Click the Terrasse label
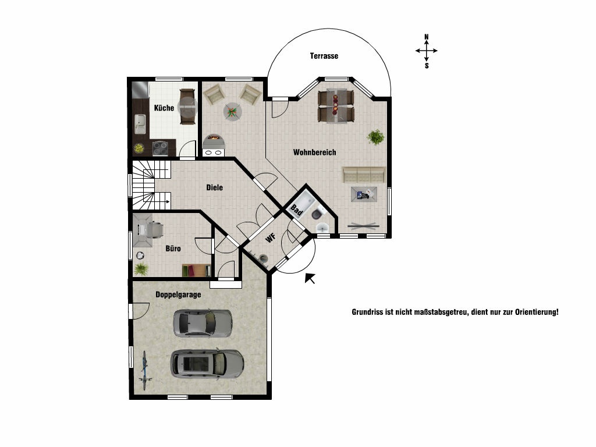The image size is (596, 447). pyautogui.click(x=324, y=56)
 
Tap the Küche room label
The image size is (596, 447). pyautogui.click(x=164, y=108)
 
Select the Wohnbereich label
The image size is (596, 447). pyautogui.click(x=315, y=152)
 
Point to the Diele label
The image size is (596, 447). pyautogui.click(x=214, y=187)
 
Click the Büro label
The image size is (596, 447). pyautogui.click(x=173, y=249)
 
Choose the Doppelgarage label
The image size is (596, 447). pyautogui.click(x=178, y=295)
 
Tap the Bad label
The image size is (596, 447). pyautogui.click(x=296, y=210)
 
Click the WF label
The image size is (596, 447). pyautogui.click(x=270, y=238)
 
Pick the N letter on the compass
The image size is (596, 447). pyautogui.click(x=427, y=37)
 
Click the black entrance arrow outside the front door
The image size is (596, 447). pyautogui.click(x=310, y=278)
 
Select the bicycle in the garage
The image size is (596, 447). pyautogui.click(x=145, y=371)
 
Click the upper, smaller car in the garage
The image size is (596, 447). pyautogui.click(x=203, y=323)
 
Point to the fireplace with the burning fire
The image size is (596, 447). pyautogui.click(x=214, y=141)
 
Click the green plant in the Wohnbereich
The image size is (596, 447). pyautogui.click(x=375, y=137)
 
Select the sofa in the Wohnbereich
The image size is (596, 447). pyautogui.click(x=364, y=175)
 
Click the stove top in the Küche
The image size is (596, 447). pyautogui.click(x=160, y=148)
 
